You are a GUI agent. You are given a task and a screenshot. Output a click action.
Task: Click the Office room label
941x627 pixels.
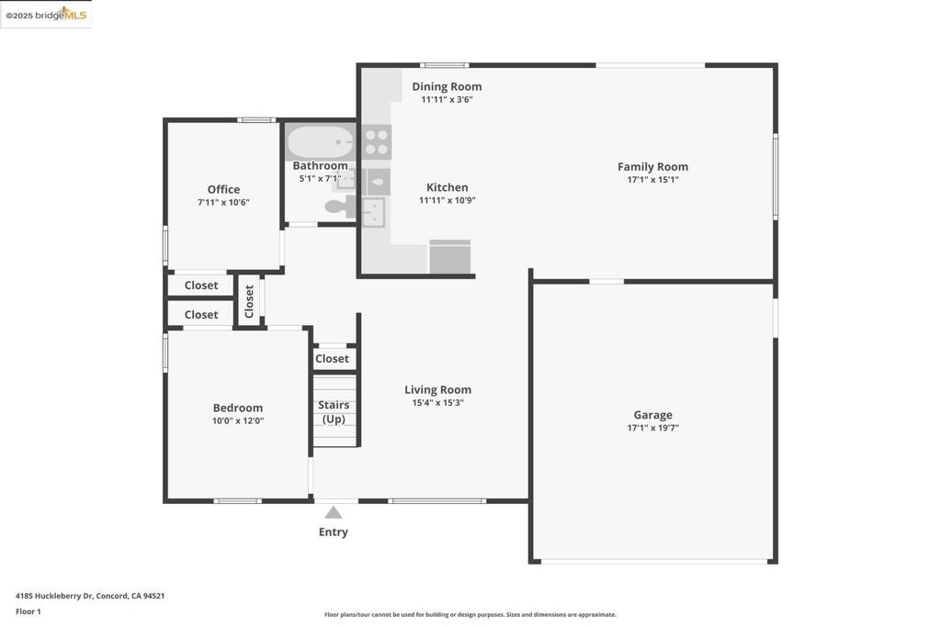(223, 190)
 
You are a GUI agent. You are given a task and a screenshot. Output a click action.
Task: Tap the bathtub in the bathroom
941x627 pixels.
(320, 143)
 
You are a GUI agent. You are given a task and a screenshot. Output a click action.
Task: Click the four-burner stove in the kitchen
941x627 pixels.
(376, 142)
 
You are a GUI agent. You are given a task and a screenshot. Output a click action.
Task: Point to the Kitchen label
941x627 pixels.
(447, 187)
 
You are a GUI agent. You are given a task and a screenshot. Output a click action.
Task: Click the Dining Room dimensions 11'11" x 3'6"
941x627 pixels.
(447, 99)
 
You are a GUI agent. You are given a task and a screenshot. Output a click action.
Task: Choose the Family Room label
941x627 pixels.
(652, 167)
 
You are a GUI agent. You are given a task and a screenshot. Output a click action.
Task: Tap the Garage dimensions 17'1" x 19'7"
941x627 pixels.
(652, 428)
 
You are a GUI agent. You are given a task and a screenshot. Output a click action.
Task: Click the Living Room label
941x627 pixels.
(437, 390)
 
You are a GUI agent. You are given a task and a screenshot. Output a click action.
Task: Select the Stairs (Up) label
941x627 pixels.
(334, 411)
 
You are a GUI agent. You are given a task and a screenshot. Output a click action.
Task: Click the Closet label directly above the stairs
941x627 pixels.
(332, 359)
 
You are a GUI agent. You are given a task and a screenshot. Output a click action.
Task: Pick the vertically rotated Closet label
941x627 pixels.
(249, 300)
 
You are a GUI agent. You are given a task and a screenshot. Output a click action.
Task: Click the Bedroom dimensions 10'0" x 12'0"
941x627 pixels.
(238, 421)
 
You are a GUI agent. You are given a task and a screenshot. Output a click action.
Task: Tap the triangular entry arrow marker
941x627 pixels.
(334, 513)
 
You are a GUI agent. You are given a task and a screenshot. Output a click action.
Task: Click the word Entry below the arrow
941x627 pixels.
(334, 532)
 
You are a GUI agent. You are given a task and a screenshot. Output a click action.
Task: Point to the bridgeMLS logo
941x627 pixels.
(46, 15)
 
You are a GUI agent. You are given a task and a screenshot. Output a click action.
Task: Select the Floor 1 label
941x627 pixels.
(28, 611)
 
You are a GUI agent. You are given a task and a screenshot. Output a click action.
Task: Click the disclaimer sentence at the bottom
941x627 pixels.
(470, 615)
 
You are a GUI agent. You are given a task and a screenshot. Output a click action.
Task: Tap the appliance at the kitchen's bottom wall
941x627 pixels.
(450, 257)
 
